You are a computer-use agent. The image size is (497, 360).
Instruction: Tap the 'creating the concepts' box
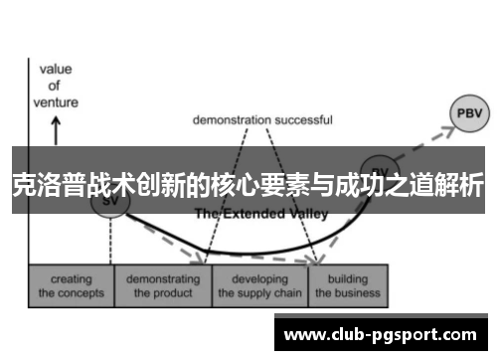(x=72, y=286)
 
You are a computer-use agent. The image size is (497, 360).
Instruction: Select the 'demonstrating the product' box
(x=161, y=286)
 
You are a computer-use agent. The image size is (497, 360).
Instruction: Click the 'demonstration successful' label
(x=261, y=119)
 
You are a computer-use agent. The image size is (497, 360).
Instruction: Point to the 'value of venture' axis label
(x=55, y=85)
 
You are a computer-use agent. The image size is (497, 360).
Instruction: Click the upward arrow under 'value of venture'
(x=55, y=129)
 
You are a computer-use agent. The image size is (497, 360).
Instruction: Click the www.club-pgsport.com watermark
(x=385, y=335)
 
